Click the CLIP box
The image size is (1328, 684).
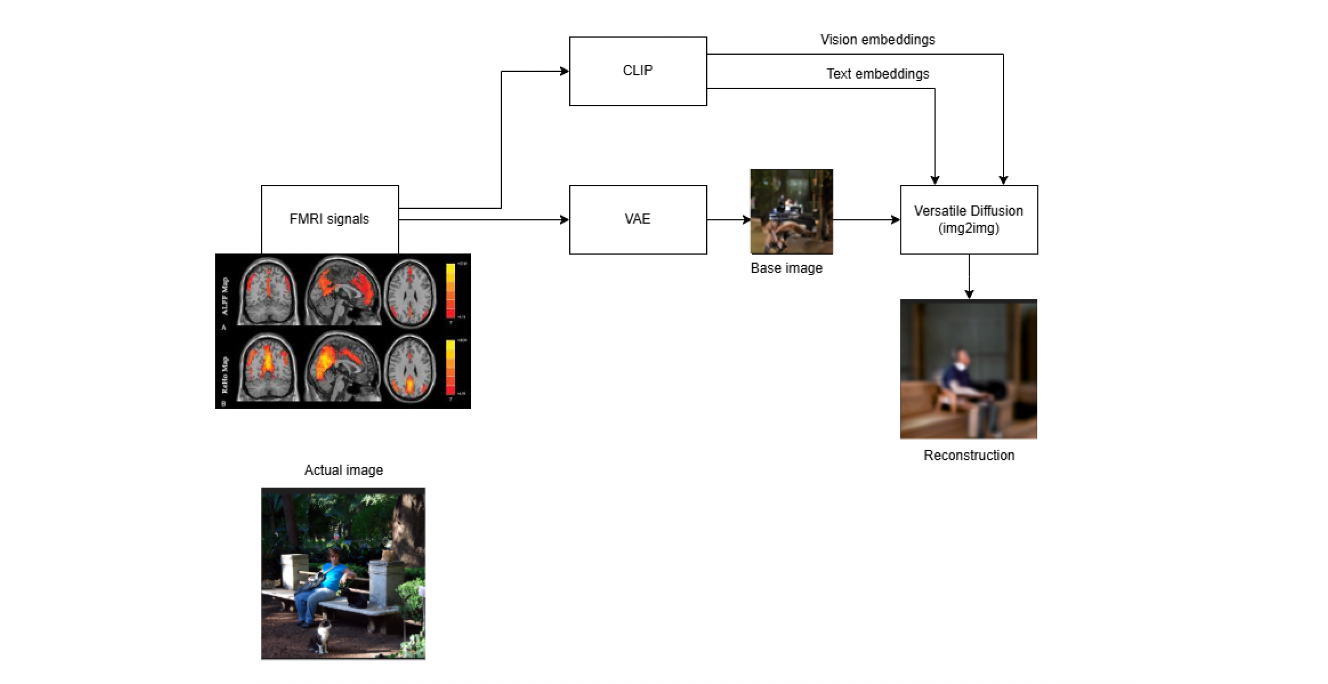coord(638,71)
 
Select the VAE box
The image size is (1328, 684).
coord(638,219)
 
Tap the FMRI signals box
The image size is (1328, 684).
coord(329,219)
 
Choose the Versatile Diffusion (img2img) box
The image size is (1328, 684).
coord(969,219)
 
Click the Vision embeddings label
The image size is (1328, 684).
coord(877,40)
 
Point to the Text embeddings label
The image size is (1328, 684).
coord(877,74)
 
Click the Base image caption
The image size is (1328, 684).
coord(786,268)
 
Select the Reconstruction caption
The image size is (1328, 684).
coord(969,455)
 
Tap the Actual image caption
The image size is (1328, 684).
coord(343,470)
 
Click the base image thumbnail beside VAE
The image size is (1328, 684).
coord(791,211)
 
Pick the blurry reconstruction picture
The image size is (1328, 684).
coord(969,369)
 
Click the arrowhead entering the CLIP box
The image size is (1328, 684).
coord(565,71)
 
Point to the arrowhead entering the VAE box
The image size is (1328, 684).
coord(565,220)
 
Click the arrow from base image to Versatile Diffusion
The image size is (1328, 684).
coord(866,220)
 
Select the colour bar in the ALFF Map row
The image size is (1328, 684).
coord(450,291)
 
